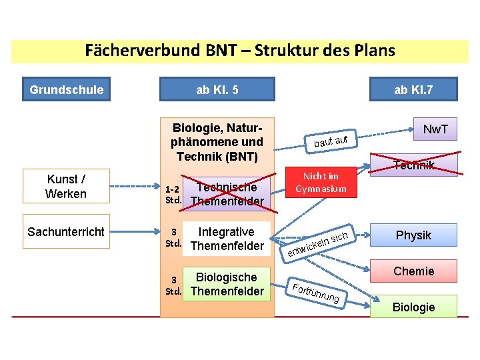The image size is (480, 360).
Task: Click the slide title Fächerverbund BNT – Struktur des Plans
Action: pyautogui.click(x=240, y=51)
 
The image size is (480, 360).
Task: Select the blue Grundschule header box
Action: pyautogui.click(x=67, y=89)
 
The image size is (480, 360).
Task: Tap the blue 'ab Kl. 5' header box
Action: pyautogui.click(x=217, y=89)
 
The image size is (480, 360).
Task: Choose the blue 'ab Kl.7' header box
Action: pyautogui.click(x=413, y=89)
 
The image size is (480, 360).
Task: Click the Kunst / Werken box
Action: pyautogui.click(x=66, y=187)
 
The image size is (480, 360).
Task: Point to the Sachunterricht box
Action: pyautogui.click(x=66, y=232)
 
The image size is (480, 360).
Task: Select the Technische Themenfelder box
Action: pyautogui.click(x=227, y=194)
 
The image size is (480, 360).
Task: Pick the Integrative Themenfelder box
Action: pyautogui.click(x=227, y=239)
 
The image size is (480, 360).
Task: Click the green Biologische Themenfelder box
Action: pyautogui.click(x=227, y=284)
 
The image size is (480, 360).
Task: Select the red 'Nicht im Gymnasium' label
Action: pyautogui.click(x=321, y=182)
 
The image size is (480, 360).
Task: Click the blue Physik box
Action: pyautogui.click(x=413, y=235)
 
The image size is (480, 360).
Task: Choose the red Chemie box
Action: pyautogui.click(x=413, y=271)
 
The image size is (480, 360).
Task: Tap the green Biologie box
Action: pyautogui.click(x=413, y=307)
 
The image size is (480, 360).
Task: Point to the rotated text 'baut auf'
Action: pyautogui.click(x=331, y=141)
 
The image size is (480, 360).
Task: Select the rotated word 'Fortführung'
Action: pyautogui.click(x=317, y=293)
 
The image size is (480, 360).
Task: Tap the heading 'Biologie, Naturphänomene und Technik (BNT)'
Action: pyautogui.click(x=217, y=141)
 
